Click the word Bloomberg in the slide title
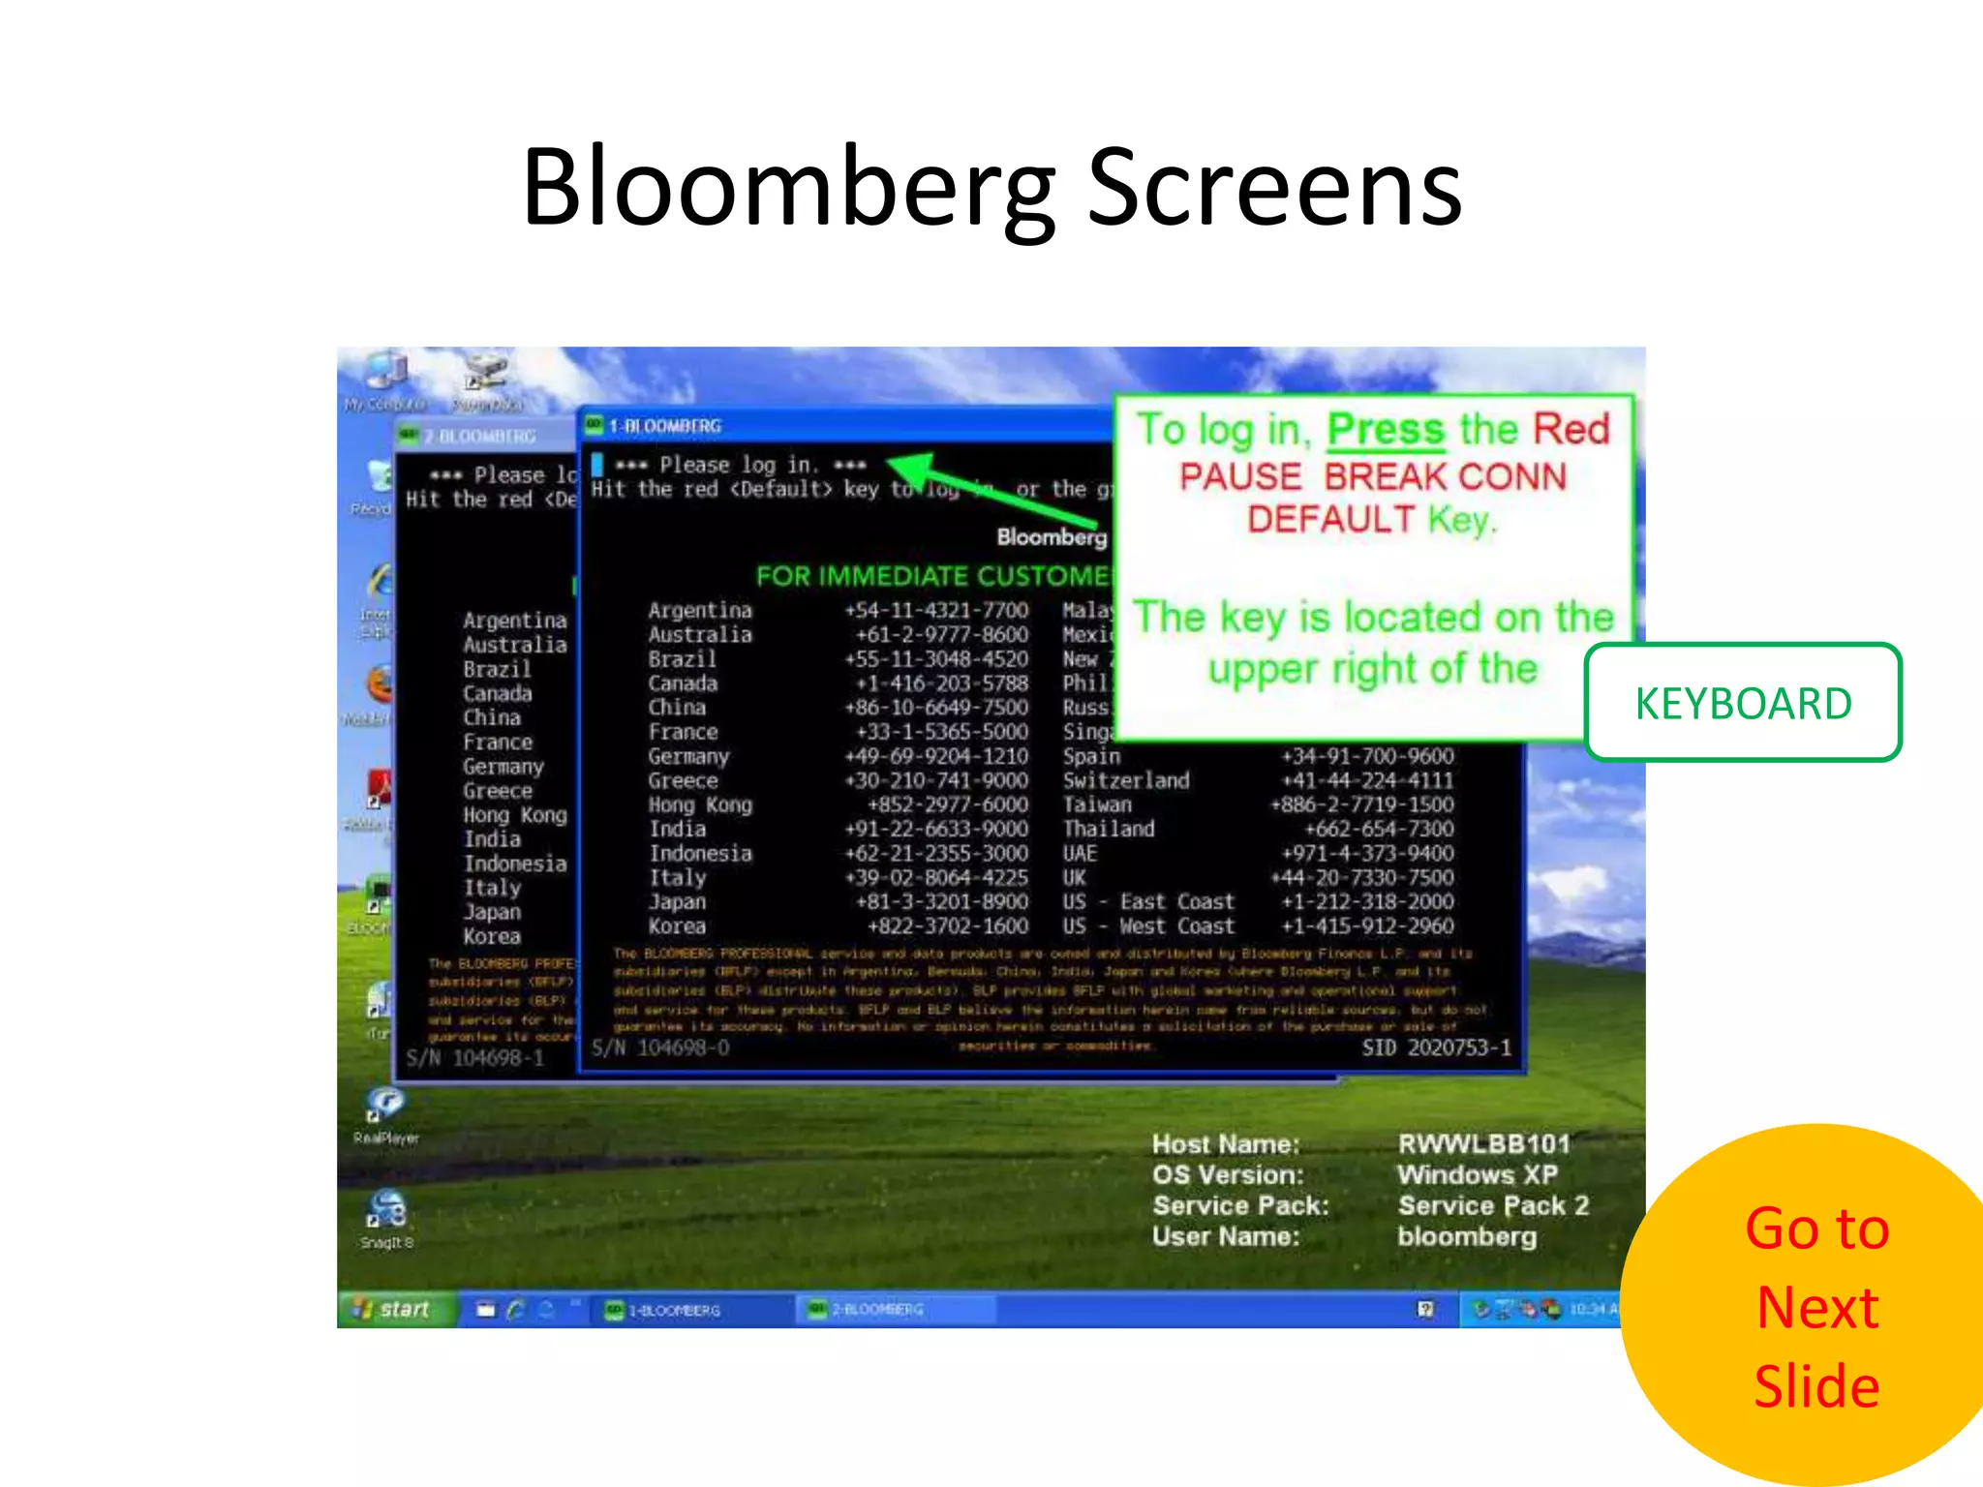tap(787, 189)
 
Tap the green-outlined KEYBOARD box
tap(1743, 703)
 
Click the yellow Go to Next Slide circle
tap(1811, 1307)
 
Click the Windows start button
tap(394, 1309)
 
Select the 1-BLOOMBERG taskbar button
tap(668, 1310)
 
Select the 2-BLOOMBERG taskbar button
tap(871, 1310)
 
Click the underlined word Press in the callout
tap(1385, 430)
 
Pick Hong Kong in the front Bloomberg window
tap(700, 805)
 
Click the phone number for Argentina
tap(935, 611)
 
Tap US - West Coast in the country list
tap(1148, 926)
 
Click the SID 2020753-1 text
tap(1436, 1047)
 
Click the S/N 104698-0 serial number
tap(660, 1047)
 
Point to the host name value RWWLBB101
tap(1483, 1144)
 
